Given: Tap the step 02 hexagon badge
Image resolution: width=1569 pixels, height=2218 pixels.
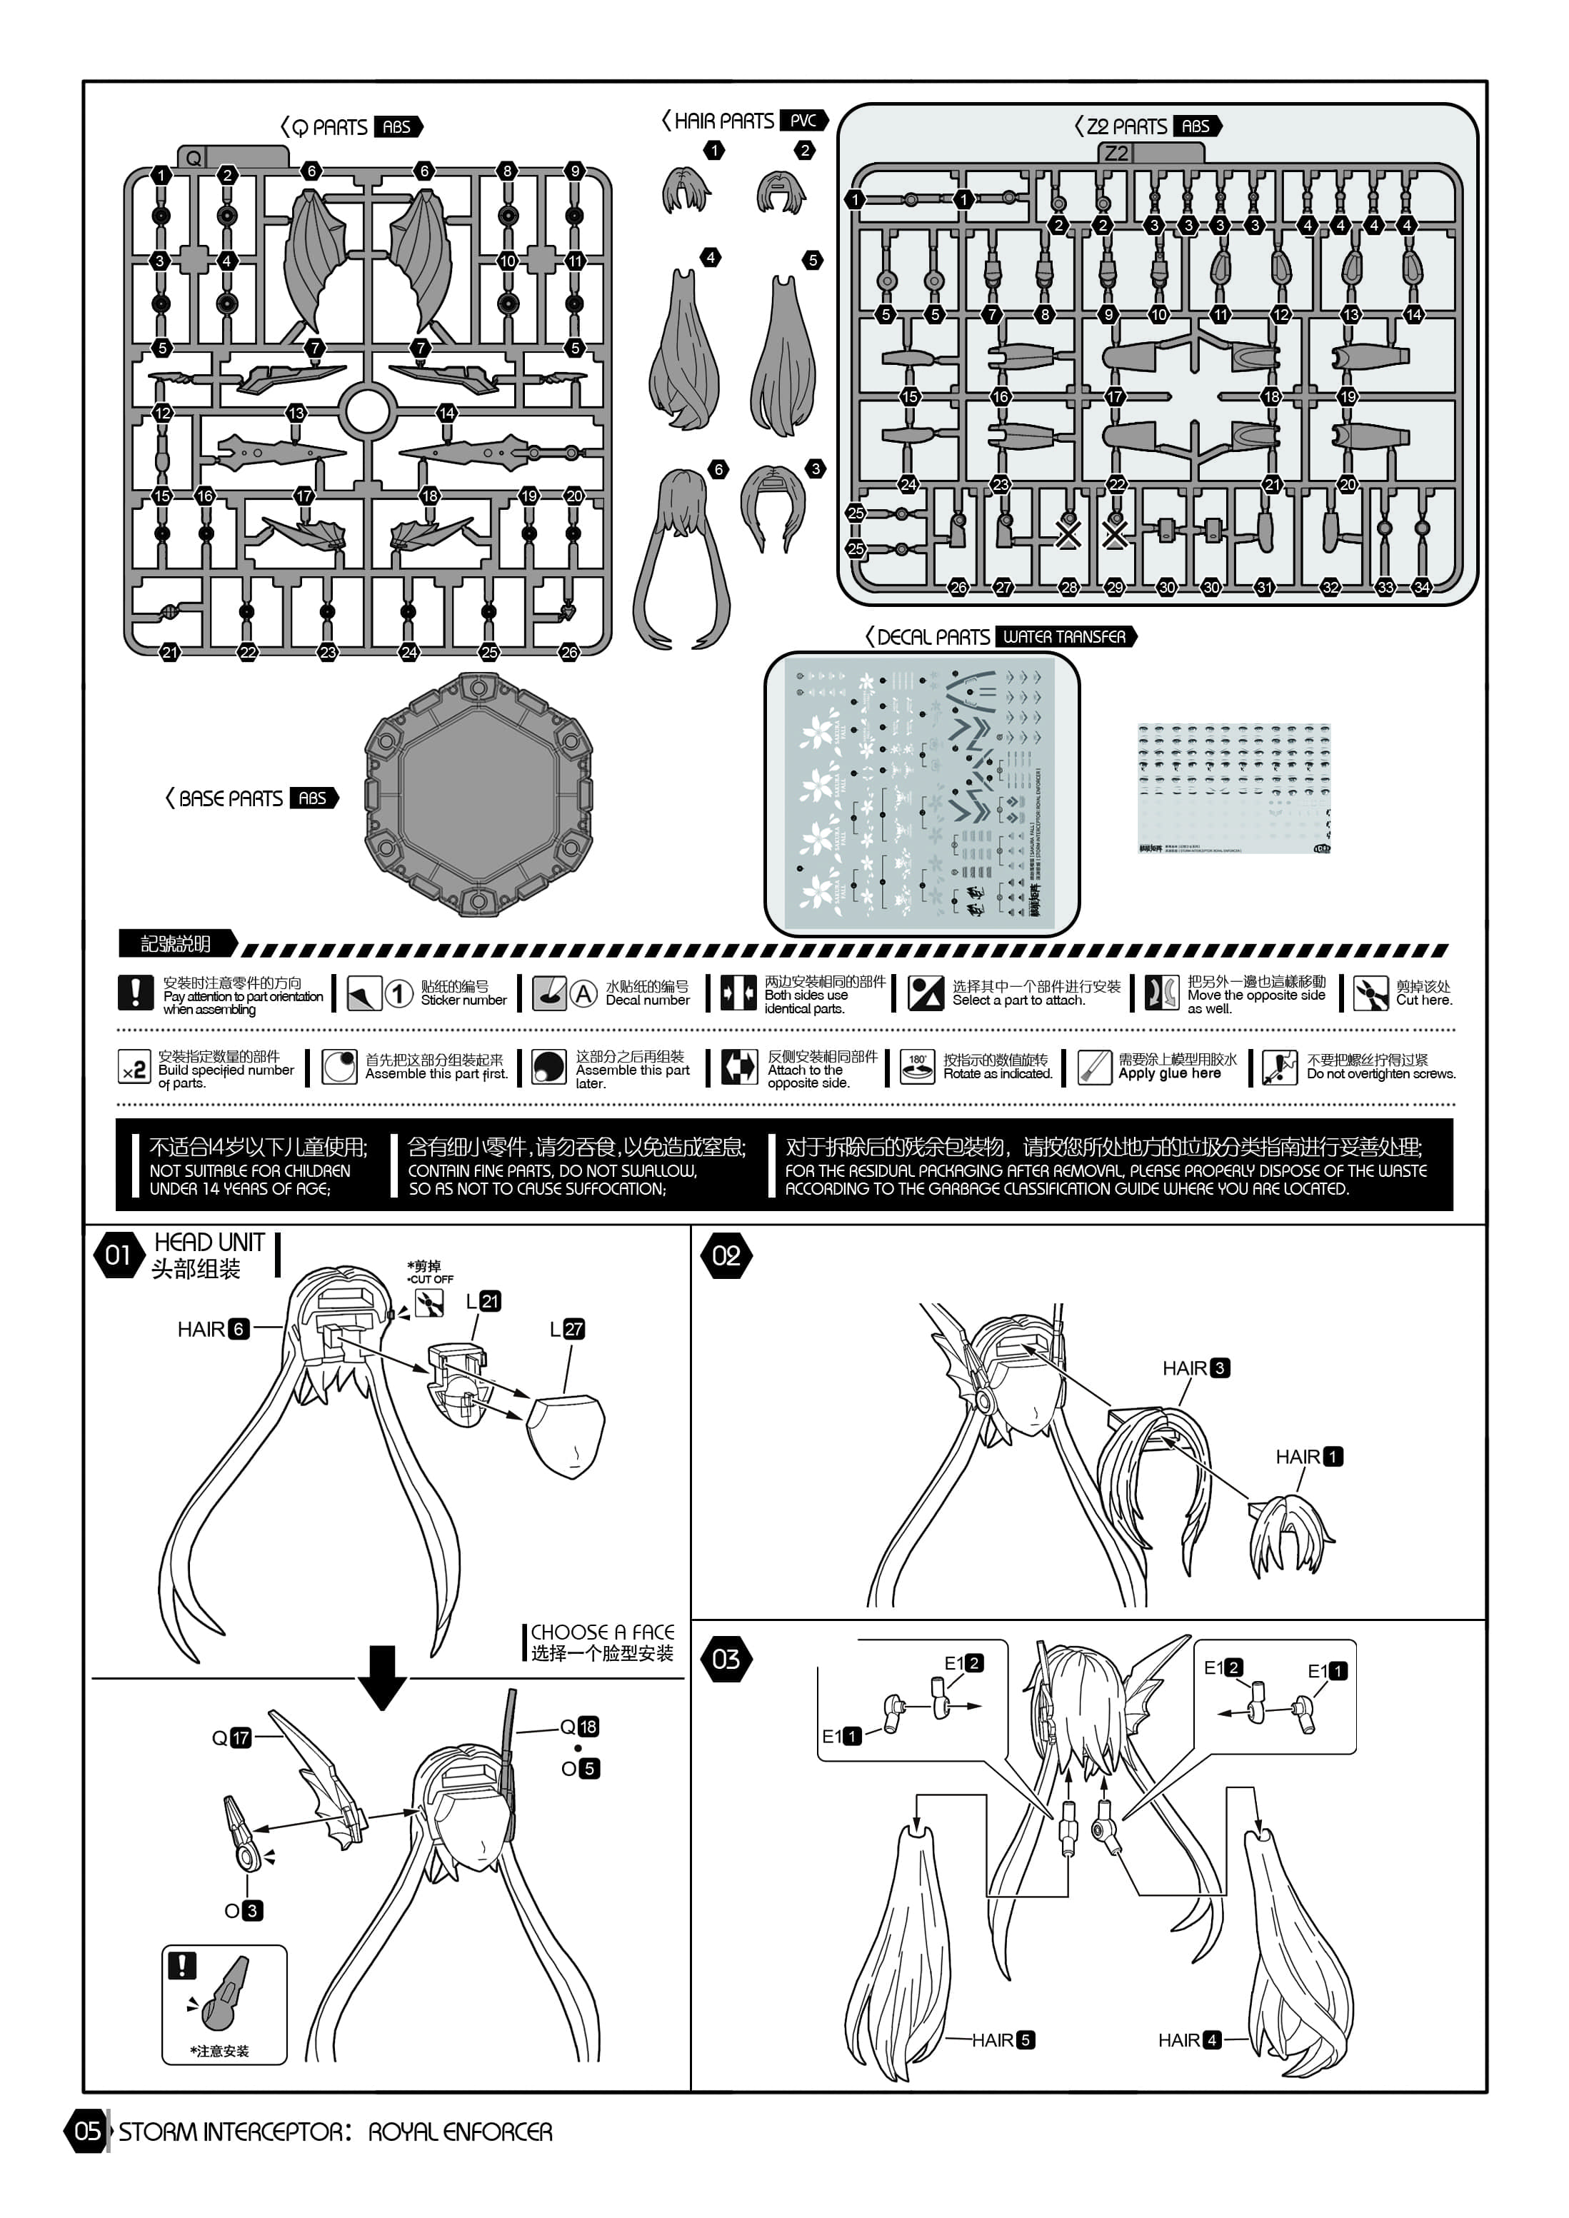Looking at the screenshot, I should [726, 1256].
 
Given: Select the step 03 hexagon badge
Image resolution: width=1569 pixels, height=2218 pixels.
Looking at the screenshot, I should [726, 1660].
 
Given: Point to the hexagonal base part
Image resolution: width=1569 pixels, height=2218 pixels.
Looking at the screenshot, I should [478, 794].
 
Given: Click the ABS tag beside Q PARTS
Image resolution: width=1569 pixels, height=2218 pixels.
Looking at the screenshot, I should [397, 126].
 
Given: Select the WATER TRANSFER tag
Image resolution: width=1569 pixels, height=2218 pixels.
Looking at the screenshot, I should [1065, 636].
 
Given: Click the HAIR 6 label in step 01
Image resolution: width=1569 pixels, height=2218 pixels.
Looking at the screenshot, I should [213, 1329].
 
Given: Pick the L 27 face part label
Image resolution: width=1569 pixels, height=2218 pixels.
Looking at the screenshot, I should [567, 1329].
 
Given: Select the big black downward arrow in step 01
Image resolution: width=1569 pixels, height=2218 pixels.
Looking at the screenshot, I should [383, 1676].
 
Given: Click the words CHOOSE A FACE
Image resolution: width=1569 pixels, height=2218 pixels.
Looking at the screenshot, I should [602, 1632].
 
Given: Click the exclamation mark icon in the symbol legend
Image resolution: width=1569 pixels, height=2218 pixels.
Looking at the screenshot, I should [135, 992].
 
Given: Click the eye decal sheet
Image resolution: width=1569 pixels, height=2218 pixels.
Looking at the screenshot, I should [1234, 788].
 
